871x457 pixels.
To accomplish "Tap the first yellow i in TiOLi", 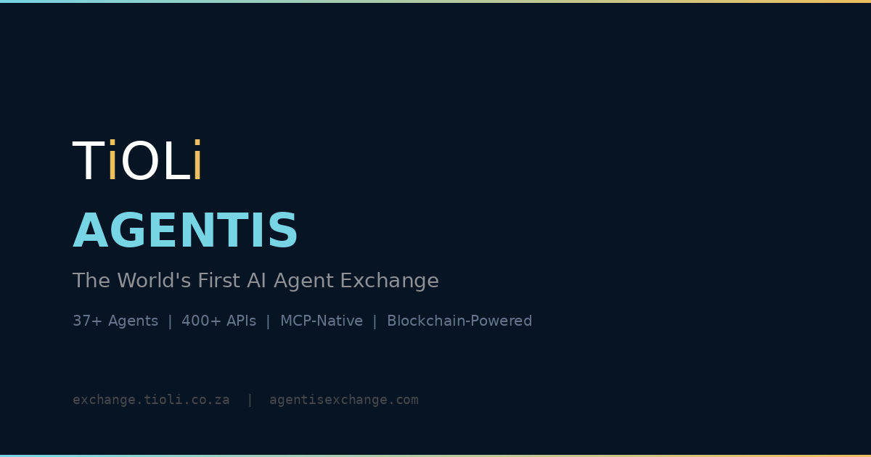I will pyautogui.click(x=112, y=161).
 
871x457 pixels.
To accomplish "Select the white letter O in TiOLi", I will pyautogui.click(x=140, y=162).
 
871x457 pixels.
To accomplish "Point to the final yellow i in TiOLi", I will pyautogui.click(x=197, y=161).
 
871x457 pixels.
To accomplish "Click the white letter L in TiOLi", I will pyautogui.click(x=176, y=162).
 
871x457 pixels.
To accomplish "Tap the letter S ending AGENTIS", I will pyautogui.click(x=284, y=232).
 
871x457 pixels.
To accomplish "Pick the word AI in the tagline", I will pyautogui.click(x=256, y=281).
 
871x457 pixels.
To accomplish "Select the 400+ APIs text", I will pyautogui.click(x=218, y=321).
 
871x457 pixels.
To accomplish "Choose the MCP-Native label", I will pyautogui.click(x=321, y=321).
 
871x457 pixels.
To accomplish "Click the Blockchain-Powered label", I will pyautogui.click(x=459, y=321).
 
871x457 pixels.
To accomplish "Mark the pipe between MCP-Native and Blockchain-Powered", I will pyautogui.click(x=375, y=321).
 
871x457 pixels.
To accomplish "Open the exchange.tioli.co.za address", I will pyautogui.click(x=151, y=400).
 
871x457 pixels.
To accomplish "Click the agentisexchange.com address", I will pyautogui.click(x=343, y=400).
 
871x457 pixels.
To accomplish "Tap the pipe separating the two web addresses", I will pyautogui.click(x=250, y=400).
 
